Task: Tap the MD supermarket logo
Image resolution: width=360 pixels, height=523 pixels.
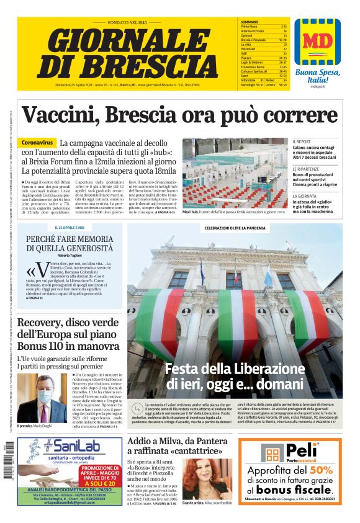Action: [x=317, y=42]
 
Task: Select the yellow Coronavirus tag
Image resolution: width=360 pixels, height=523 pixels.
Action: [x=38, y=143]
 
